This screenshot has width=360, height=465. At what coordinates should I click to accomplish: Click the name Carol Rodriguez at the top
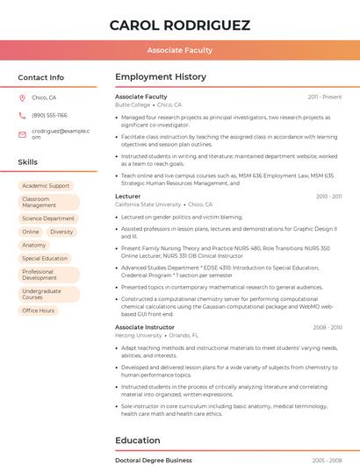point(180,25)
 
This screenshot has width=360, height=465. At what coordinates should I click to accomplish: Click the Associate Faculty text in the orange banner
point(180,50)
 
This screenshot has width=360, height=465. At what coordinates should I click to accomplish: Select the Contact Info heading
point(41,77)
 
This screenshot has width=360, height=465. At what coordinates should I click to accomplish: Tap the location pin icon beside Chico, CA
point(22,98)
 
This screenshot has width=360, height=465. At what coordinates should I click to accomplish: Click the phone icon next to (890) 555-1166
point(22,115)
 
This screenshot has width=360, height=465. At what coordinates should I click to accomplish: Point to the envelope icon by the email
point(22,133)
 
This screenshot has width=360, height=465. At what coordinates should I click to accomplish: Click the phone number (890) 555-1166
point(49,115)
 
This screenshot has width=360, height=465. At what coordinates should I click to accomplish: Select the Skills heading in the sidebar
point(28,162)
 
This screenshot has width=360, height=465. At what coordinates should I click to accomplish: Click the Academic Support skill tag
point(46,186)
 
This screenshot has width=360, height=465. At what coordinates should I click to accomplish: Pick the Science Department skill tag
point(48,218)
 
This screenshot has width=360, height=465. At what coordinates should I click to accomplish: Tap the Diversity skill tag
point(61,232)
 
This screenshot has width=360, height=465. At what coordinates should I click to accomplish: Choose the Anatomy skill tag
point(34,245)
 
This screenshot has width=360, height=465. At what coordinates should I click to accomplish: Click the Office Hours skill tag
point(39,311)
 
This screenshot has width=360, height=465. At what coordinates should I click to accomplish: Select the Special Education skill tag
point(45,259)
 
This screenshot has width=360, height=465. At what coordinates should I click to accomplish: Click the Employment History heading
point(161,77)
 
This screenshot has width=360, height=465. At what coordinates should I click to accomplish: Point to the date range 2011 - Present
point(325,97)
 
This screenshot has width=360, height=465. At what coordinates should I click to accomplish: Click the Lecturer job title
point(128,197)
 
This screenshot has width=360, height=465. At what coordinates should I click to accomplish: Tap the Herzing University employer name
point(139,335)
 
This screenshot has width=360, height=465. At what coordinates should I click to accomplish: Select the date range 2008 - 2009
point(328,327)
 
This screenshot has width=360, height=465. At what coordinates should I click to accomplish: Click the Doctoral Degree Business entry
point(154,460)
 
